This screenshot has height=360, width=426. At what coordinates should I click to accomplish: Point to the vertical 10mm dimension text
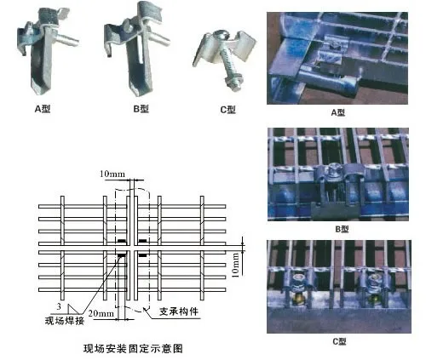(x=248, y=255)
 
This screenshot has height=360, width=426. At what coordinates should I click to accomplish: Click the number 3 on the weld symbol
(x=56, y=304)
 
